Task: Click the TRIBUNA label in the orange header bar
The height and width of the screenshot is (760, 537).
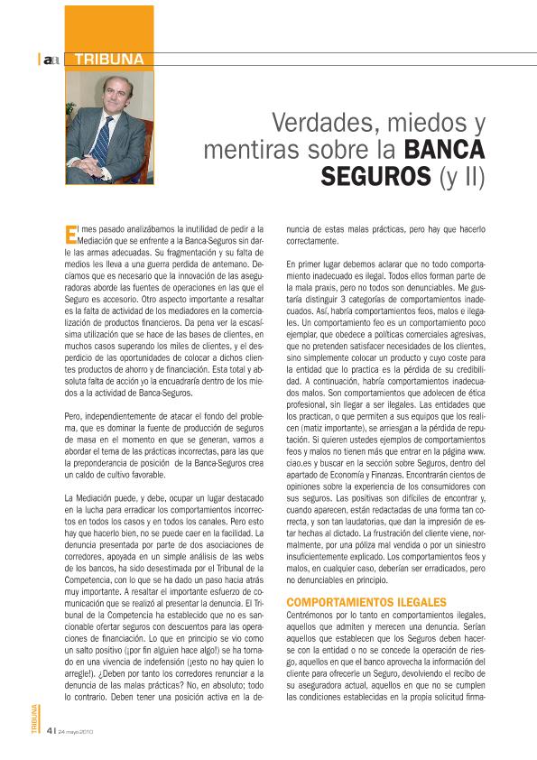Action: tap(109, 60)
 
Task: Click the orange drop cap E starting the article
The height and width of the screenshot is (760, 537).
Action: tap(72, 236)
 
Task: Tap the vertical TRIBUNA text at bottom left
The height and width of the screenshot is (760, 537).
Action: tap(34, 723)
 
